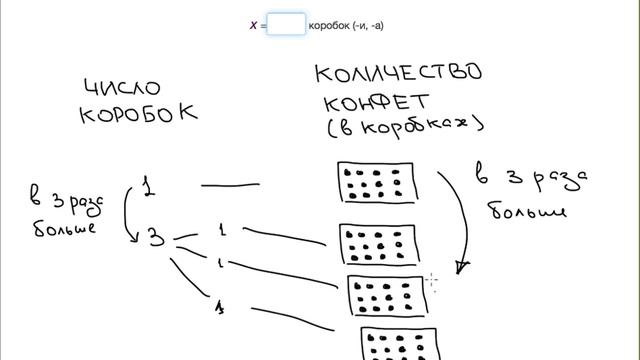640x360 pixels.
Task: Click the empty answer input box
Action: click(286, 24)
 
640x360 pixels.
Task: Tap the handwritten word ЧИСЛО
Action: click(122, 88)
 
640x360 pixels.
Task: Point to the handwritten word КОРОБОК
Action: click(138, 112)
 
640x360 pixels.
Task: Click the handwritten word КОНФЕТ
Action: click(375, 103)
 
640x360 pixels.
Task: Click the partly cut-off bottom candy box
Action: click(397, 344)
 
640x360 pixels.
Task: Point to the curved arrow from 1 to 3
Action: click(129, 212)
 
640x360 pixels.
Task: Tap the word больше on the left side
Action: click(64, 228)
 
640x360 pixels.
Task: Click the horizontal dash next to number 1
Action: click(231, 185)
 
